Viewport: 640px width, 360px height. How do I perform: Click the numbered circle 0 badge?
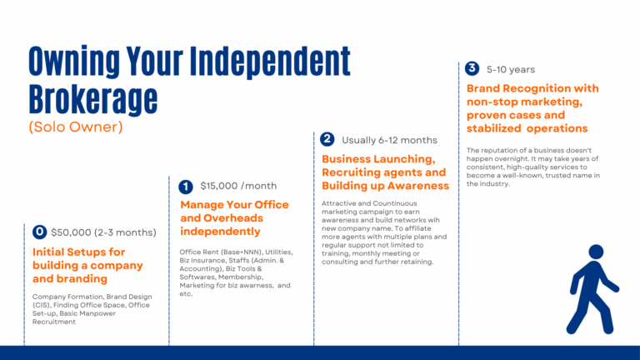[x=39, y=232]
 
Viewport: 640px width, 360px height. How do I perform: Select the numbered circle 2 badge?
[x=327, y=139]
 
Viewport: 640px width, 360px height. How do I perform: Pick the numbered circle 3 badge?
[x=472, y=68]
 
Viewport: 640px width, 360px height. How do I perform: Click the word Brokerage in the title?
[x=92, y=99]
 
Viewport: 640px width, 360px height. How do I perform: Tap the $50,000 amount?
[x=72, y=232]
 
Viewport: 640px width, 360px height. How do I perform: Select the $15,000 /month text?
[x=238, y=186]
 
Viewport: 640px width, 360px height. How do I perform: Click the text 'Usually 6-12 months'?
[x=389, y=140]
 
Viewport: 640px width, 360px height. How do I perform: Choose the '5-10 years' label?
[x=511, y=69]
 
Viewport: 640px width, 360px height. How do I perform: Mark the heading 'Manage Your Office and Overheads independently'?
[x=234, y=217]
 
